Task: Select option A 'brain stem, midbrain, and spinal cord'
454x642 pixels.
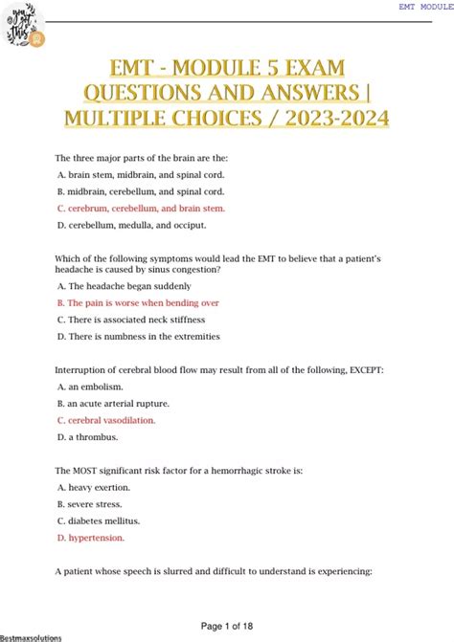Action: [132, 174]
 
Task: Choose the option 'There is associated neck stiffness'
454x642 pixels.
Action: [133, 320]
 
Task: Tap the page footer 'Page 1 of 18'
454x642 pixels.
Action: [227, 625]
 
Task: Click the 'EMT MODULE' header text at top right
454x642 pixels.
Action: [425, 6]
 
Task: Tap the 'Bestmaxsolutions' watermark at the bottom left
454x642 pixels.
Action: [32, 636]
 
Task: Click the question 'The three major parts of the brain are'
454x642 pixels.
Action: [142, 157]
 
